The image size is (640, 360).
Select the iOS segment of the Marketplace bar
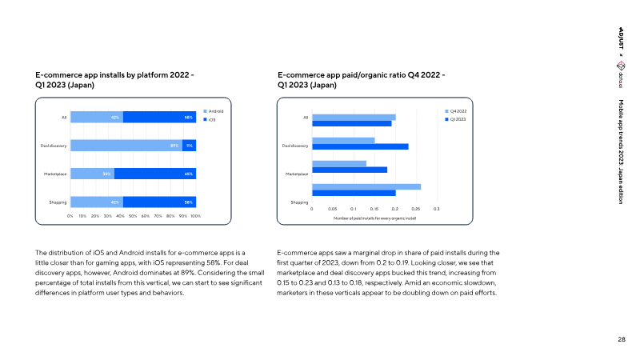point(156,173)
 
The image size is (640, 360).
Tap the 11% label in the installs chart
point(190,146)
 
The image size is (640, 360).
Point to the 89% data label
point(174,146)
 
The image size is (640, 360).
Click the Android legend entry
point(214,110)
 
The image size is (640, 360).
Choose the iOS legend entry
point(211,119)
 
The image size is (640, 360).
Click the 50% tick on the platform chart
point(133,216)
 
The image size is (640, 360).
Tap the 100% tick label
point(195,216)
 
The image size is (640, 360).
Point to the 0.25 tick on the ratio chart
point(416,209)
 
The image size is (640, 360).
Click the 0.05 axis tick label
point(333,209)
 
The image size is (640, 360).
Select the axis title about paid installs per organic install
point(374,218)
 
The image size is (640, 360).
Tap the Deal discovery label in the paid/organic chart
point(295,146)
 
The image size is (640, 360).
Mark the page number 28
point(622,340)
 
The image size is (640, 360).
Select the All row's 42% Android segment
point(97,118)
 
